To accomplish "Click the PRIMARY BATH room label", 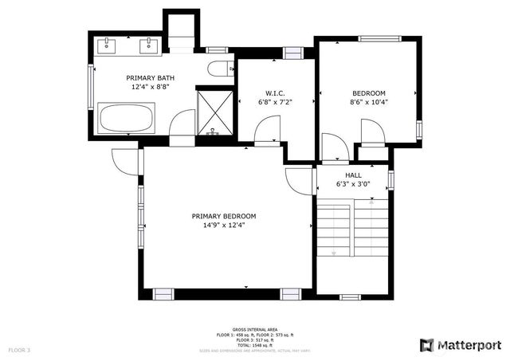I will click(x=148, y=77).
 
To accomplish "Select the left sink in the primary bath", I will click(x=108, y=45).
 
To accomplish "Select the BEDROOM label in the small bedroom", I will click(x=368, y=92).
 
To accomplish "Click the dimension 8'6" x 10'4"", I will click(x=368, y=102).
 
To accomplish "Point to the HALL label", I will click(x=353, y=175).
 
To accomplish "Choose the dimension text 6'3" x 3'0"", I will click(x=353, y=184).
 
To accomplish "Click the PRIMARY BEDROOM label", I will click(x=224, y=216).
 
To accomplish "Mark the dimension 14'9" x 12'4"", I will click(x=224, y=226).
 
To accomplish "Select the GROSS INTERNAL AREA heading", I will click(x=254, y=329).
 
